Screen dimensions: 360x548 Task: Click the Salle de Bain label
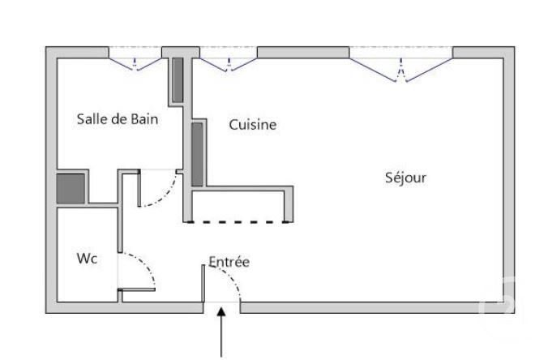[117, 119]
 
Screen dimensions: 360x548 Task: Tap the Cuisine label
[252, 125]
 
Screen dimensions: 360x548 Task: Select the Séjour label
[405, 177]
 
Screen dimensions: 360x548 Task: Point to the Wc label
[88, 259]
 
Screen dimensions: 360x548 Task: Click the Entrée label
[229, 262]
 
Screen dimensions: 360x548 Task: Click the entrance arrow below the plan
[222, 333]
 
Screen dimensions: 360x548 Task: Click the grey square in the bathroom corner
[71, 188]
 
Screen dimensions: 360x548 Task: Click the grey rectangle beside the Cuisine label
[196, 154]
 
